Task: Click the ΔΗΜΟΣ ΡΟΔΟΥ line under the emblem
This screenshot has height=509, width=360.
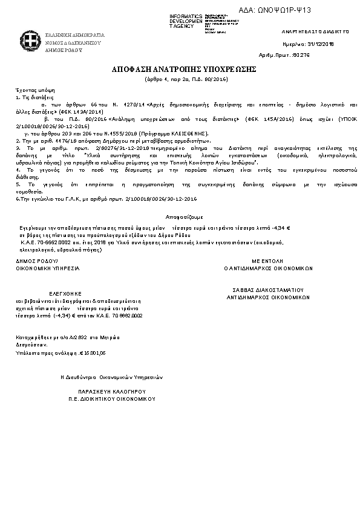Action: pyautogui.click(x=62, y=51)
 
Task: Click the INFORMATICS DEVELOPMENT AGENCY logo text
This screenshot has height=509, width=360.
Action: pyautogui.click(x=186, y=21)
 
